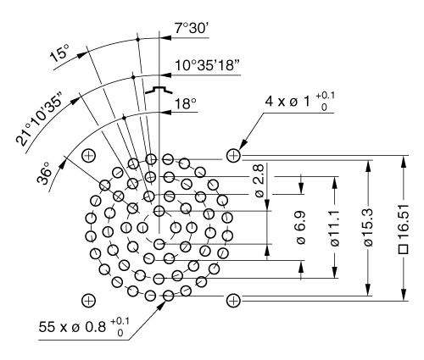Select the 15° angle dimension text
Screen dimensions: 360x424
[x=61, y=55]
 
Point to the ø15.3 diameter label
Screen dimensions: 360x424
[x=367, y=227]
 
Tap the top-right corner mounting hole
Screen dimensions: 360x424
[x=234, y=155]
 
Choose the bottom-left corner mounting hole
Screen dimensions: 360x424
[x=88, y=299]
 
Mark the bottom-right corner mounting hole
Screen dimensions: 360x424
[x=234, y=299]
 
